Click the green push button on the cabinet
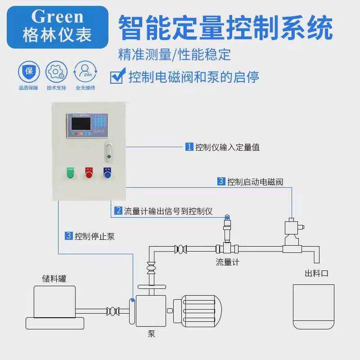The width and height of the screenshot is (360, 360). pos(71,173)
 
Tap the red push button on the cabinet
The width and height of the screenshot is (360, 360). pos(89,173)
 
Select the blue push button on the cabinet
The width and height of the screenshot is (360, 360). pos(107,173)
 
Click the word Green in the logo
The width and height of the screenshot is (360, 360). pos(57,17)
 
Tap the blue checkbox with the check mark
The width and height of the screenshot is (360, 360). pos(117,76)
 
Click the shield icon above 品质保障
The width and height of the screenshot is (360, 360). pos(28,71)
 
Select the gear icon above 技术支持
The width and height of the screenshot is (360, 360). pos(56,71)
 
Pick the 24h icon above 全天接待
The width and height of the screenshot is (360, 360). pos(85,71)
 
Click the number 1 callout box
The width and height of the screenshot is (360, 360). pos(189,147)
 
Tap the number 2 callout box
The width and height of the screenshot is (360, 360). pos(118,211)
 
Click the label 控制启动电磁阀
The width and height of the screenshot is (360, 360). pos(255,182)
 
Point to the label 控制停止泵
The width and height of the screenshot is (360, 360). pos(94,236)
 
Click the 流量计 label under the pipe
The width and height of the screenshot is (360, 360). pos(227,262)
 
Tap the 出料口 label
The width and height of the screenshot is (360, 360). pos(316,274)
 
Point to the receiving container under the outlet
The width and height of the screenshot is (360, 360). pos(314,306)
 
